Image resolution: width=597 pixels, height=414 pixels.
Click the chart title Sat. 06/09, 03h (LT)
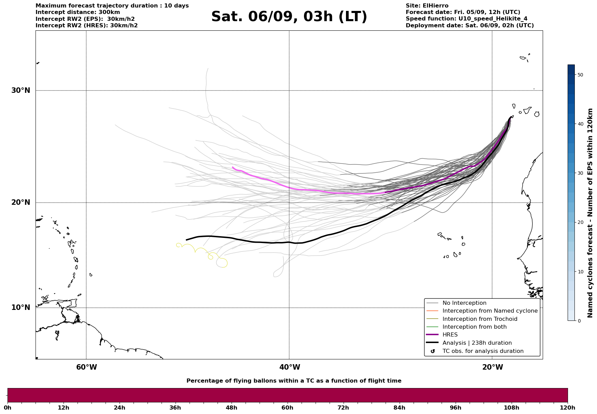click(x=289, y=17)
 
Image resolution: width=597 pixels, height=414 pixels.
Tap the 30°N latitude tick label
click(x=20, y=90)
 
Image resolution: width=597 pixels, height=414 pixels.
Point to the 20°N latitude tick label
click(x=20, y=202)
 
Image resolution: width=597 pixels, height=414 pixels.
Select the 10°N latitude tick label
click(x=20, y=308)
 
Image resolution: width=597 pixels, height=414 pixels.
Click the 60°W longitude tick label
click(x=86, y=367)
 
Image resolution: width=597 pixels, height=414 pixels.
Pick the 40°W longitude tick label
click(x=290, y=367)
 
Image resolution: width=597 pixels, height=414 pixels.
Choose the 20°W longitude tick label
click(x=492, y=367)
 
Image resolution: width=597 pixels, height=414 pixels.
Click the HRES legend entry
click(x=450, y=335)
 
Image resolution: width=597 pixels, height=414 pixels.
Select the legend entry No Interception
click(x=464, y=303)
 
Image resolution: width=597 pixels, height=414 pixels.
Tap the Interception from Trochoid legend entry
click(x=480, y=319)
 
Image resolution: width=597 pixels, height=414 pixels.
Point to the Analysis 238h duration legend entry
click(x=477, y=343)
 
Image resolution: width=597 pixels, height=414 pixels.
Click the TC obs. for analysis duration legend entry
click(x=483, y=351)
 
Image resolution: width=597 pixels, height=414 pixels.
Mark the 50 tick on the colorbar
click(x=580, y=75)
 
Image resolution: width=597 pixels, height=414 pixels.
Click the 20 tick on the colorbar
click(x=580, y=223)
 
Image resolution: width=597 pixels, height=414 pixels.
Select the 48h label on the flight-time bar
click(x=231, y=408)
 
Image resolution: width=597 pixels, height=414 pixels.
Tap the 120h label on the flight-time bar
click(x=568, y=408)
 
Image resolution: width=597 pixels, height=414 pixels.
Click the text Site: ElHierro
click(x=427, y=6)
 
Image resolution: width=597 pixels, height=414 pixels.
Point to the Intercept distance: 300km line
click(x=78, y=12)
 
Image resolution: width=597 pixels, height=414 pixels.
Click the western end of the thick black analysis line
click(x=186, y=240)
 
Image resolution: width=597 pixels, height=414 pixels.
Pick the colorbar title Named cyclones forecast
click(x=590, y=213)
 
